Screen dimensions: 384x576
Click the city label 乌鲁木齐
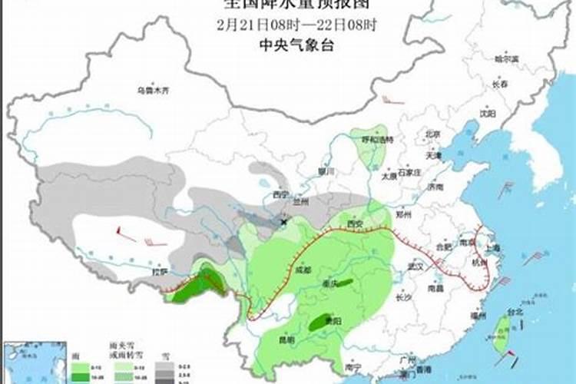pos(153,91)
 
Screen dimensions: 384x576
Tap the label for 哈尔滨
pos(506,58)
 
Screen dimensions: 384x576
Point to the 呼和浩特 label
pos(378,140)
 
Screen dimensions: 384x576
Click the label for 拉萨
pos(159,271)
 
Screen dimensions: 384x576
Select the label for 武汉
pos(416,266)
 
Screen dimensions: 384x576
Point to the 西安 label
pos(354,223)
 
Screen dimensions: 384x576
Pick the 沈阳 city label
pos(487,113)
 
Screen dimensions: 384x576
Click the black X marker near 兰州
pos(285,221)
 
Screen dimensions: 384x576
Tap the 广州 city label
pos(407,360)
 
